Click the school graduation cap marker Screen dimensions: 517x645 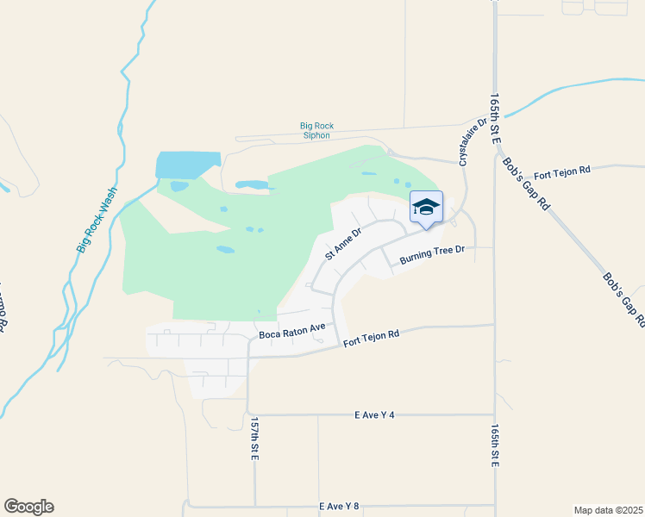coord(426,208)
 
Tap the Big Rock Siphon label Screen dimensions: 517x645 coord(317,131)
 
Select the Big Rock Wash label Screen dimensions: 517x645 coord(96,221)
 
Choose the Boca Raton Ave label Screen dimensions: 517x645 coord(291,328)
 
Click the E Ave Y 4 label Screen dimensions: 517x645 coord(374,414)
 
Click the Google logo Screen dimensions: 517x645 coord(28,507)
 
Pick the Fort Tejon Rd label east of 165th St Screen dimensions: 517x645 coord(560,171)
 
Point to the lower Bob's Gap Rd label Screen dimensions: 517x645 coord(623,300)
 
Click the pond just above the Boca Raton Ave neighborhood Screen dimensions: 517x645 coord(259,312)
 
